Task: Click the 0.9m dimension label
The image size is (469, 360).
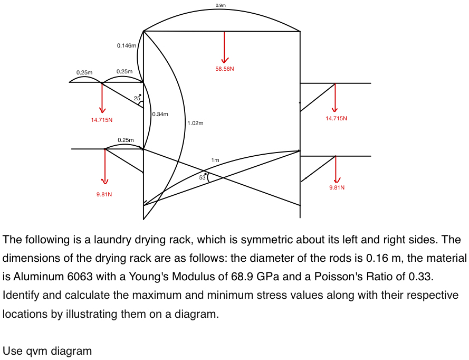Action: tap(221, 5)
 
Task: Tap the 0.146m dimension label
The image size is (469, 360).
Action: tap(127, 46)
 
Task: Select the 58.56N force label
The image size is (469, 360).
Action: tap(225, 69)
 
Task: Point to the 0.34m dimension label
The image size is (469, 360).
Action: tap(160, 114)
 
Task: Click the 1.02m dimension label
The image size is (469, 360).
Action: tap(195, 123)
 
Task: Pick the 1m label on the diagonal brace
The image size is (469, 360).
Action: tap(215, 160)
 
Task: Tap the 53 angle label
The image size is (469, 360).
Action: tap(202, 177)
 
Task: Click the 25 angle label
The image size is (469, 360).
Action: tap(137, 99)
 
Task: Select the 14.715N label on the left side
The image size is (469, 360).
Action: tap(101, 120)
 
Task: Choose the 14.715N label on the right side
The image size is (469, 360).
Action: tap(336, 118)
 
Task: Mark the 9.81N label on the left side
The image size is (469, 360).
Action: tap(104, 194)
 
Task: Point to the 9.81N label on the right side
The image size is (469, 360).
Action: tap(337, 187)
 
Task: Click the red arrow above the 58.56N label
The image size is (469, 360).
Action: tap(225, 48)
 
